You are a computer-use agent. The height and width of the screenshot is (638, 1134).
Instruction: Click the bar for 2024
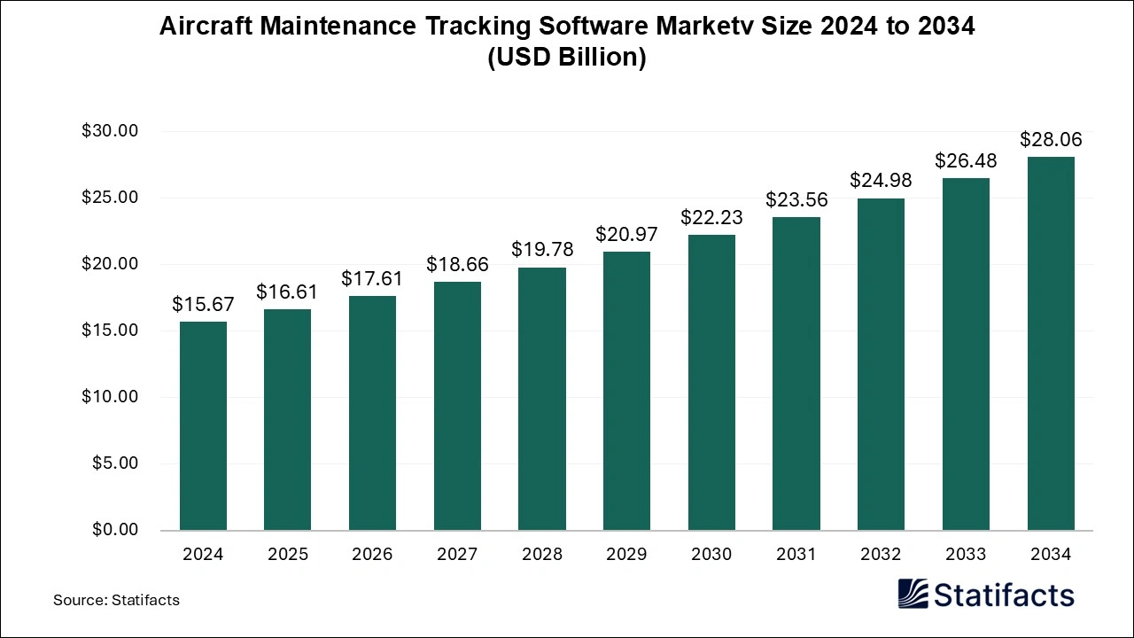pyautogui.click(x=203, y=425)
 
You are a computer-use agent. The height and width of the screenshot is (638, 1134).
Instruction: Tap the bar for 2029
pyautogui.click(x=626, y=391)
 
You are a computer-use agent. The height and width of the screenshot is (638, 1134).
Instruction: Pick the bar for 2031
pyautogui.click(x=796, y=373)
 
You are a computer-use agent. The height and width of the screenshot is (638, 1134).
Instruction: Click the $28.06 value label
pyautogui.click(x=1051, y=140)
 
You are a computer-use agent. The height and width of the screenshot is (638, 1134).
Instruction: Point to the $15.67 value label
pyautogui.click(x=203, y=305)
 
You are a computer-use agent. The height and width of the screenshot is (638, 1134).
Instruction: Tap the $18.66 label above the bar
pyautogui.click(x=457, y=265)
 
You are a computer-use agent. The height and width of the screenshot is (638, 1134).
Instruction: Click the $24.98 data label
pyautogui.click(x=881, y=181)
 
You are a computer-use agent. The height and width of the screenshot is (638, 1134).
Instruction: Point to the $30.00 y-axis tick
pyautogui.click(x=110, y=131)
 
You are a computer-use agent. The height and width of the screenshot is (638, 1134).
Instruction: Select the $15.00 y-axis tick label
pyautogui.click(x=110, y=331)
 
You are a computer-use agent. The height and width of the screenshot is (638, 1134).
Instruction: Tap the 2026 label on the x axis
pyautogui.click(x=372, y=555)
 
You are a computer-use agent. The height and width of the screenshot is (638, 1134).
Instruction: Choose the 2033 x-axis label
pyautogui.click(x=966, y=555)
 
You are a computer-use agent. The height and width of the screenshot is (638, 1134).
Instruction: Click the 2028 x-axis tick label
pyautogui.click(x=542, y=555)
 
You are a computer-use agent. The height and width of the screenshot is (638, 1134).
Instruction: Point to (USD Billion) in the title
pyautogui.click(x=567, y=58)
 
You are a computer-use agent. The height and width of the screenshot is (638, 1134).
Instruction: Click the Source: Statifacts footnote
pyautogui.click(x=116, y=600)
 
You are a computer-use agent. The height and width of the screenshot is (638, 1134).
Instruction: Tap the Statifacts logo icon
pyautogui.click(x=913, y=594)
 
